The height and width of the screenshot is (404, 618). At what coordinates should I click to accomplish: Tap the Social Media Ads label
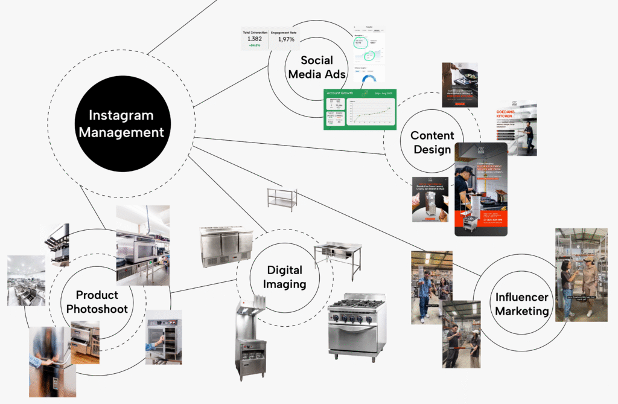pos(317,68)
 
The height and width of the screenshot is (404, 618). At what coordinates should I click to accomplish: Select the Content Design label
pos(432,143)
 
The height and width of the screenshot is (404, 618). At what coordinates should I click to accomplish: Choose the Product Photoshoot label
pos(97,302)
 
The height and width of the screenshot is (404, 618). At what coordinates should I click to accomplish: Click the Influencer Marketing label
pos(522,304)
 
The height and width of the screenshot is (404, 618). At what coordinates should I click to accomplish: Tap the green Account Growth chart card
pos(360,109)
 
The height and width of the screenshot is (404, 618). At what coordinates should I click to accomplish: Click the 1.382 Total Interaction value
pos(254,39)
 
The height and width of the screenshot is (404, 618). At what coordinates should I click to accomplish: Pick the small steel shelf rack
pos(282,199)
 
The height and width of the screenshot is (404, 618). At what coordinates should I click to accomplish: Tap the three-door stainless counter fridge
pos(226,246)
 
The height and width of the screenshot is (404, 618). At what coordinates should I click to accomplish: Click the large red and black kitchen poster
pos(480,188)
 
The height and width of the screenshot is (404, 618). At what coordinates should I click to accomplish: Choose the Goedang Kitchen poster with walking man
pos(517,128)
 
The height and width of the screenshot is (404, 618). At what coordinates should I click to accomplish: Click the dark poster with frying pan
pos(460,85)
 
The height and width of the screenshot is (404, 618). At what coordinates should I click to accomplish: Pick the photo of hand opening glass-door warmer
pos(164,337)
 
